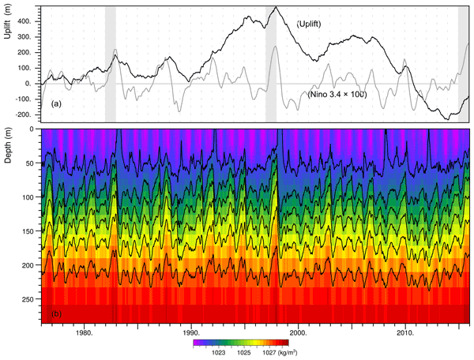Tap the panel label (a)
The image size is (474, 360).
coord(56,103)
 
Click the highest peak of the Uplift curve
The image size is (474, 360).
coord(275,7)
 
